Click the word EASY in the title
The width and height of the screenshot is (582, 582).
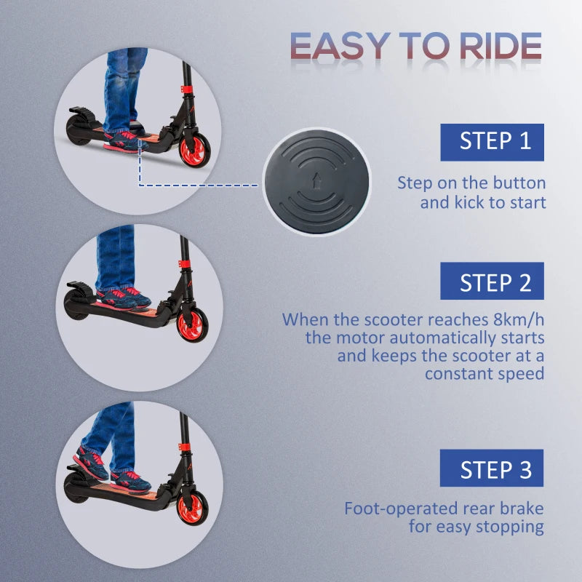pos(339,47)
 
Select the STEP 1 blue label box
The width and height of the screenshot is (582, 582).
pos(491,141)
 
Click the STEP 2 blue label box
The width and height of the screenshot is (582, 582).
pos(491,282)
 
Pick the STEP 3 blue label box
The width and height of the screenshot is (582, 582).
pos(491,469)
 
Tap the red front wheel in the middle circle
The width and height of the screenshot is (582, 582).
pos(192,325)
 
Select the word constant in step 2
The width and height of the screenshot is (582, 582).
pos(455,373)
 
